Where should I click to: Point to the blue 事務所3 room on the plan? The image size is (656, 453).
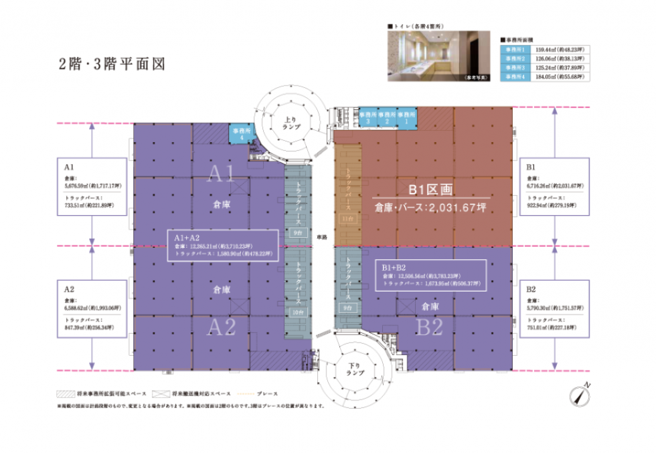point(367,119)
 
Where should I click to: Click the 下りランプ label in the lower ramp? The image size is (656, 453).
point(354,368)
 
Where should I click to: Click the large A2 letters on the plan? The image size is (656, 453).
point(222,328)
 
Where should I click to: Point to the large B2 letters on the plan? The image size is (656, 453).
point(430,328)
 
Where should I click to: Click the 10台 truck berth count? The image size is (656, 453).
point(297,312)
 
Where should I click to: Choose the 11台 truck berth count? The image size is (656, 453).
point(346,219)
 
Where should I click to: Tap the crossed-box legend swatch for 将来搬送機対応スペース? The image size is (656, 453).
point(161,393)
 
